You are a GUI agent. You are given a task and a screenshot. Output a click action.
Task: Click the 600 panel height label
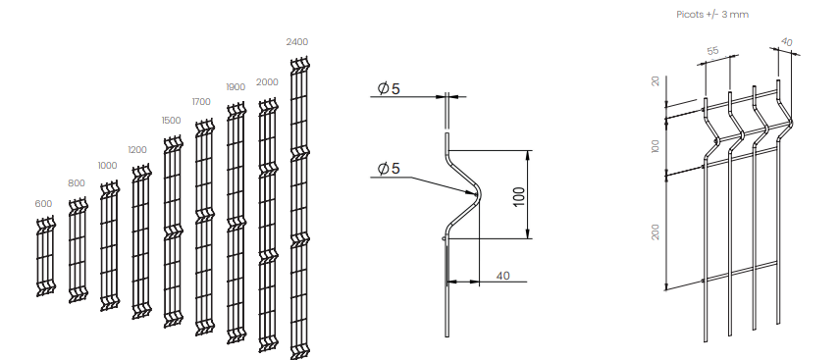[x=43, y=204]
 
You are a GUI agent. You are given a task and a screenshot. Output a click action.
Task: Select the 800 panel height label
[x=77, y=183]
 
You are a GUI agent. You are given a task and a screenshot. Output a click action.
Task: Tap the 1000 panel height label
[x=107, y=166]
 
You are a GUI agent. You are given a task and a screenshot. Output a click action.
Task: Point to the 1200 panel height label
[x=137, y=150]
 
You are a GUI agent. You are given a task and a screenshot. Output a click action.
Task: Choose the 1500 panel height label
[x=171, y=121]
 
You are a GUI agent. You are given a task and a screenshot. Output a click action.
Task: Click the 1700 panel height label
[x=201, y=102]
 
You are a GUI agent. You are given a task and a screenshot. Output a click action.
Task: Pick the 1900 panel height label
[x=236, y=86]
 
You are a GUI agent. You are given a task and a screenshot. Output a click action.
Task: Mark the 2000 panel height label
[x=267, y=82]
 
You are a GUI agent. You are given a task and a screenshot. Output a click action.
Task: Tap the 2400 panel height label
[x=296, y=42]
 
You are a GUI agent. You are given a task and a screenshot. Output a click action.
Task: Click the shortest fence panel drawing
[x=45, y=256]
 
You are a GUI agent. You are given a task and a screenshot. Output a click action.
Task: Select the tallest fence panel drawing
[x=300, y=208]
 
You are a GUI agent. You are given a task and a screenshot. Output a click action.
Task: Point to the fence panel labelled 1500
[x=173, y=231]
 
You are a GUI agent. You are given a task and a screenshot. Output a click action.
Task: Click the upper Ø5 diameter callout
[x=389, y=88]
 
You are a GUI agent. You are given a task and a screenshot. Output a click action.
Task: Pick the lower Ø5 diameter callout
[x=389, y=169]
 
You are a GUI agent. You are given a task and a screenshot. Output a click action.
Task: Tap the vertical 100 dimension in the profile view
[x=518, y=196]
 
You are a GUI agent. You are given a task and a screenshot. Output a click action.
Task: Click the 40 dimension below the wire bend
[x=503, y=276]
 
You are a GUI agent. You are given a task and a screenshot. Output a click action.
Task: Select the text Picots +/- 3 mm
[x=712, y=15]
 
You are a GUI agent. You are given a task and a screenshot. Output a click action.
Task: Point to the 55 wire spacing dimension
[x=712, y=51]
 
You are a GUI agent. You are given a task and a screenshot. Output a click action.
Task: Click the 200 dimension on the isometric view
[x=656, y=231]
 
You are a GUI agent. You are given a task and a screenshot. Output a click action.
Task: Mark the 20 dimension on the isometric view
[x=656, y=80]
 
